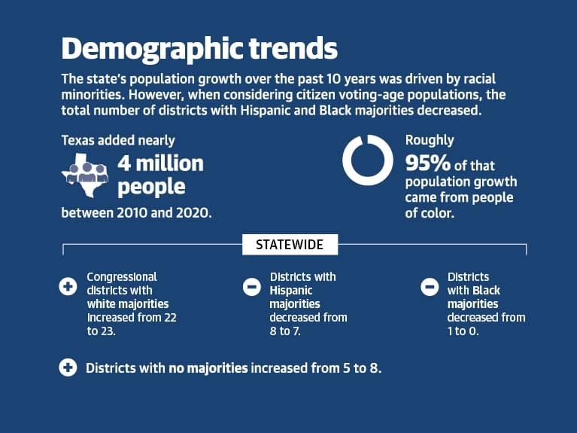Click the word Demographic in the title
pyautogui.click(x=153, y=50)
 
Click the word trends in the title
pyautogui.click(x=293, y=48)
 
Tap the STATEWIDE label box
pyautogui.click(x=290, y=244)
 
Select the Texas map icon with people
pyautogui.click(x=85, y=175)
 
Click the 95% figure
pyautogui.click(x=427, y=163)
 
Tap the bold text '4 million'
pyautogui.click(x=160, y=163)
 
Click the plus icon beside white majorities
pyautogui.click(x=68, y=286)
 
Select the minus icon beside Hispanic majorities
pyautogui.click(x=252, y=287)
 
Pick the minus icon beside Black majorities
pyautogui.click(x=430, y=287)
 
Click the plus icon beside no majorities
pyautogui.click(x=68, y=367)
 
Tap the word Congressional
pyautogui.click(x=122, y=277)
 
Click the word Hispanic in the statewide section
pyautogui.click(x=290, y=291)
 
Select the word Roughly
pyautogui.click(x=430, y=140)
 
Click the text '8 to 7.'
pyautogui.click(x=285, y=331)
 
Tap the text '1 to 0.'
pyautogui.click(x=463, y=331)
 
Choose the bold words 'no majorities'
pyautogui.click(x=208, y=367)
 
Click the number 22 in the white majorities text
pyautogui.click(x=170, y=317)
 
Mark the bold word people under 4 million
pyautogui.click(x=151, y=188)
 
